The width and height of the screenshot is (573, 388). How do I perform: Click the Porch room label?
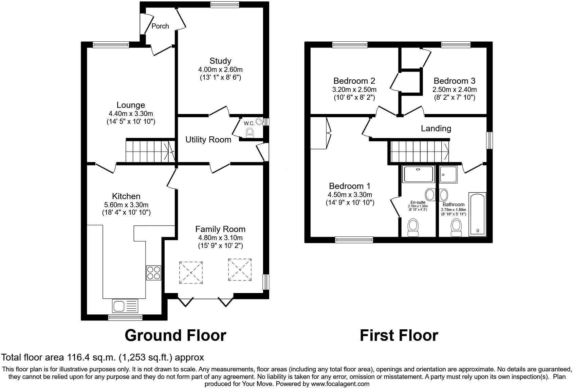pos(160,26)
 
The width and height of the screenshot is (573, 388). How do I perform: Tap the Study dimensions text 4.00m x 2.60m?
pos(220,70)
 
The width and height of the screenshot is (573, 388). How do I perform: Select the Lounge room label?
pos(131,105)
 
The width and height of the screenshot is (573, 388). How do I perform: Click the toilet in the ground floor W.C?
pos(250,132)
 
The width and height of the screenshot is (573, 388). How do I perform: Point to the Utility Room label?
pos(208,140)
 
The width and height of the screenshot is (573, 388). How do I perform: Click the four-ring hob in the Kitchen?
pos(153,273)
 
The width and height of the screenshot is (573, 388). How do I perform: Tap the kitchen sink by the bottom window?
pos(125,306)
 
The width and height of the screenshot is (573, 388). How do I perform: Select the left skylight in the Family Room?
pos(191,272)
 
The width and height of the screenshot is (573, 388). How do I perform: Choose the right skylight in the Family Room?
pos(240,270)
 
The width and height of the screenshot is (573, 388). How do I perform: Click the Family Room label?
pos(220,229)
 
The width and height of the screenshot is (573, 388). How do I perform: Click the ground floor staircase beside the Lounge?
pos(149,152)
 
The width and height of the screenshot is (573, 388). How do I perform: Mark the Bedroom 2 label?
pos(354,81)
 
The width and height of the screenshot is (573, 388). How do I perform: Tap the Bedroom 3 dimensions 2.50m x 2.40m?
pos(454,90)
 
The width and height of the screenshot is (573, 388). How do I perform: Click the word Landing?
pos(436,129)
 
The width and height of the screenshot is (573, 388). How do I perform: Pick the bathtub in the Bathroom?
pos(477,214)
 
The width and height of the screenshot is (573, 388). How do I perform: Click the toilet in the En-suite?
pos(413,227)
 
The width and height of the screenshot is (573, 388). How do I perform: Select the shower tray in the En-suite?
pos(418,174)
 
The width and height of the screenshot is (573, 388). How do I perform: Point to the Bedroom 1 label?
pos(350,186)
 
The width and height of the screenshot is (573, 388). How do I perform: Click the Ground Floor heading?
pos(175,335)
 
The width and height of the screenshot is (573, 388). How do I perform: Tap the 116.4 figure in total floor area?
pos(75,357)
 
